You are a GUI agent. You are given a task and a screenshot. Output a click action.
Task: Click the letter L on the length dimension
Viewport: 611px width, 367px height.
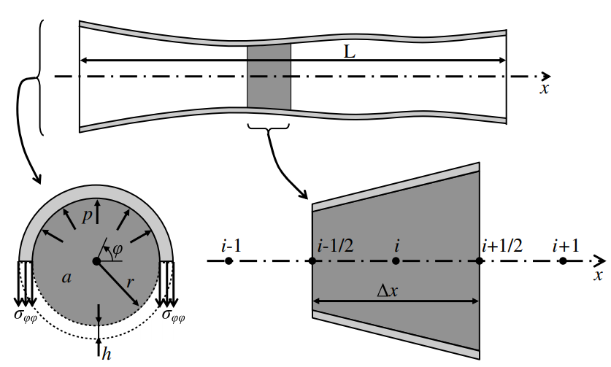click(350, 51)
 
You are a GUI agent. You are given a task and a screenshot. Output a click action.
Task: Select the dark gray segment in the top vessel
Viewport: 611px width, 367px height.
click(269, 77)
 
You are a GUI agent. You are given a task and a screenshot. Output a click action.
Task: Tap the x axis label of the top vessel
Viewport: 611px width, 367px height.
click(544, 88)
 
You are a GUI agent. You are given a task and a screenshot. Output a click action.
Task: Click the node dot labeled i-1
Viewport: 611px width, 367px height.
click(229, 261)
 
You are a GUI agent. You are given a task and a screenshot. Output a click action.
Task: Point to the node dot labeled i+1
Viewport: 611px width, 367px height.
click(561, 261)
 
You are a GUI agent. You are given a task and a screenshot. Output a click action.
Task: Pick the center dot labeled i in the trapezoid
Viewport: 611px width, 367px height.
click(396, 261)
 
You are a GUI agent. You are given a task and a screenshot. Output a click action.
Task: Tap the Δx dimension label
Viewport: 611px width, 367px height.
click(391, 290)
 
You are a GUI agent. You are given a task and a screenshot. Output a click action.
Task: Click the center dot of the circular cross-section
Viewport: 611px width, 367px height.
click(96, 260)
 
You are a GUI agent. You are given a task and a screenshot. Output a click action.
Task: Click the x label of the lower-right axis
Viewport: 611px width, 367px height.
click(597, 275)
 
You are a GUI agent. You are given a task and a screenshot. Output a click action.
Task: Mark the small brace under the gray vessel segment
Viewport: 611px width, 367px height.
click(269, 131)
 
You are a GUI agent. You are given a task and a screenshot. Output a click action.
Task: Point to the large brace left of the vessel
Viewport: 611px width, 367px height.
click(36, 77)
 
